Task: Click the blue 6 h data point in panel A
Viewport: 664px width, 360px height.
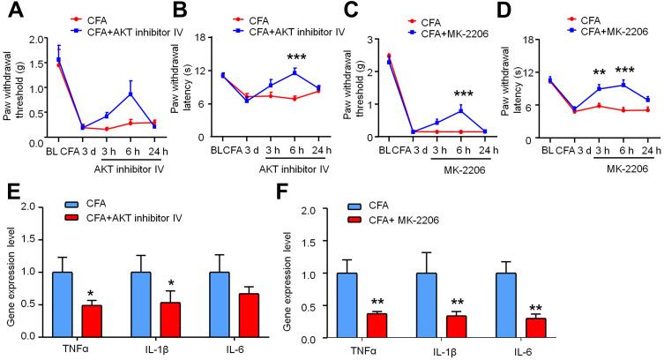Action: pyautogui.click(x=131, y=94)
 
